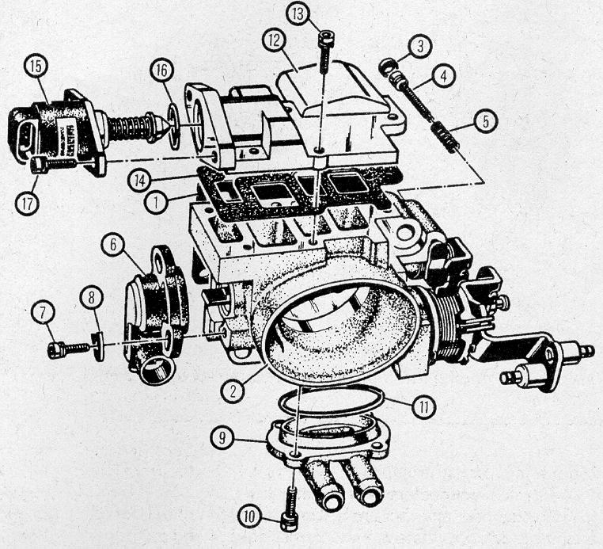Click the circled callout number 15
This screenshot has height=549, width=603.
point(36,67)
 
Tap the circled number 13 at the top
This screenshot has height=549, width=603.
point(298,13)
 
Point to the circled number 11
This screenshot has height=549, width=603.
point(424,406)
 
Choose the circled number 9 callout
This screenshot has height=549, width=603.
point(222,437)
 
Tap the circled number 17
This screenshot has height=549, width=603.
point(28,204)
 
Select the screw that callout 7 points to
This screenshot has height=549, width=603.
point(69,349)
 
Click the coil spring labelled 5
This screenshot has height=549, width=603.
point(446,137)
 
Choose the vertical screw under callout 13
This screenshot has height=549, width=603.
point(325,52)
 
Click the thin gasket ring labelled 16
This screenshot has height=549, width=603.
point(174,126)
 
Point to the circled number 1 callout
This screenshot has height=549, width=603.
point(156,203)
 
